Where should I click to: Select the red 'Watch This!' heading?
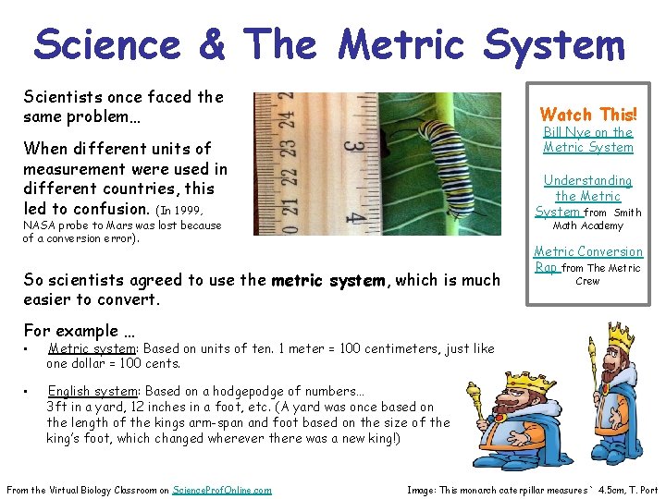click(588, 115)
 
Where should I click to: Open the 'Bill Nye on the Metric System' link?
click(588, 140)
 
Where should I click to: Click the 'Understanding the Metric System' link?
click(587, 195)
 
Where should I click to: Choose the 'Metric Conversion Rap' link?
click(587, 259)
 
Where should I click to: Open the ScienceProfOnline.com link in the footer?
click(222, 490)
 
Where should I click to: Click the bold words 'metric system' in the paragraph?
click(328, 280)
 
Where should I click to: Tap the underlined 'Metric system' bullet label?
click(92, 348)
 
